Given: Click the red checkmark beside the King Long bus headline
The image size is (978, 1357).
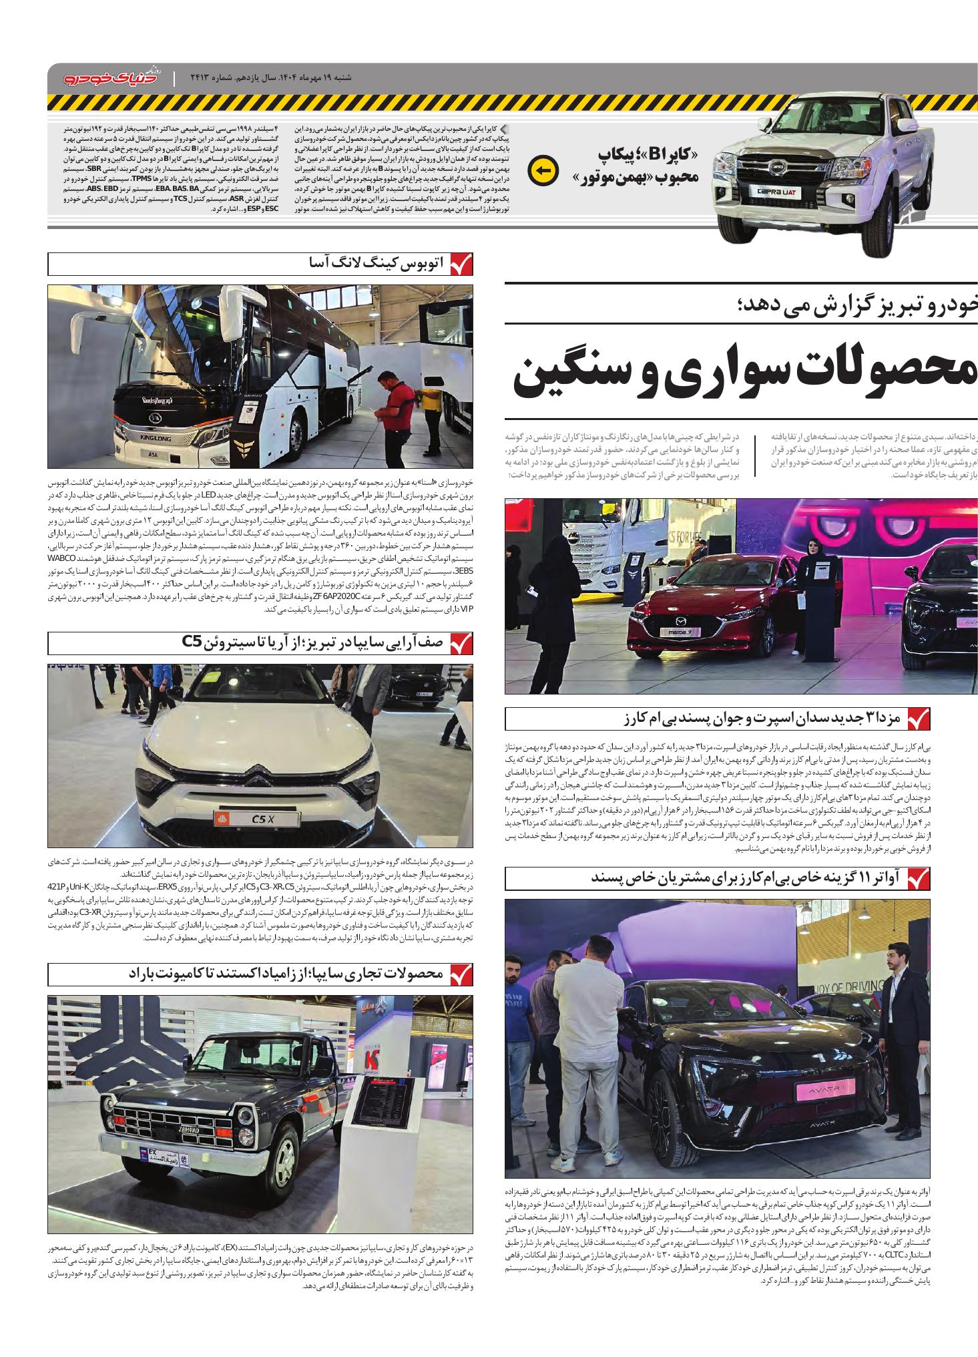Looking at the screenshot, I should [x=461, y=264].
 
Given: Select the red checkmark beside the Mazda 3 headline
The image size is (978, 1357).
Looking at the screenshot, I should [x=918, y=719].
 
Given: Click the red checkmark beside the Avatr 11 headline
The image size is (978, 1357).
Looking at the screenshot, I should [x=918, y=878].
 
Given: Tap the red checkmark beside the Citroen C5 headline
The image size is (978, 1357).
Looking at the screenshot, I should [x=461, y=644].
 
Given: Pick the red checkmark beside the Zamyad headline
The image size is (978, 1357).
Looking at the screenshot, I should [x=461, y=975].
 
